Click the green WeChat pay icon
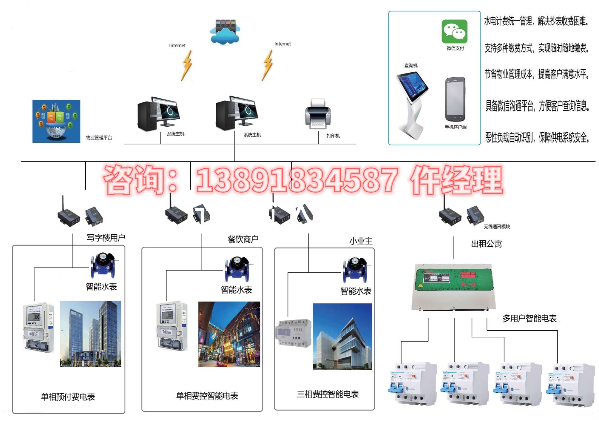tap(454, 31)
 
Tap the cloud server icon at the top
tap(225, 32)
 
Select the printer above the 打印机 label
tap(318, 114)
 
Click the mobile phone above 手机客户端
tap(455, 99)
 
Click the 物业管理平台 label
tap(99, 138)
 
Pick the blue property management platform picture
tap(56, 121)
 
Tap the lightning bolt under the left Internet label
tap(187, 66)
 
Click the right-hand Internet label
tap(282, 44)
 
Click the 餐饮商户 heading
tap(243, 239)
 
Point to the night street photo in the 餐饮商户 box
tap(229, 334)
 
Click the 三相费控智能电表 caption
tap(328, 394)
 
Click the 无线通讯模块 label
tap(497, 227)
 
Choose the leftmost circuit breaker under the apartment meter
tap(413, 384)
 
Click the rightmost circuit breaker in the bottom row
tap(570, 385)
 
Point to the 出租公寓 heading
tap(486, 244)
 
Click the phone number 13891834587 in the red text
tap(297, 180)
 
